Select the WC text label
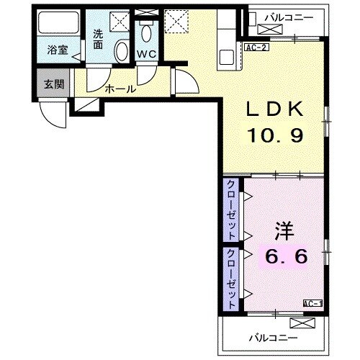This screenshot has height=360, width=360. point(147,53)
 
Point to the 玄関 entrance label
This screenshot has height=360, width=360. point(54,84)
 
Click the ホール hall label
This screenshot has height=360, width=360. point(117,90)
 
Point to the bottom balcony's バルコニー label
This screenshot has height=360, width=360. point(274,337)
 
